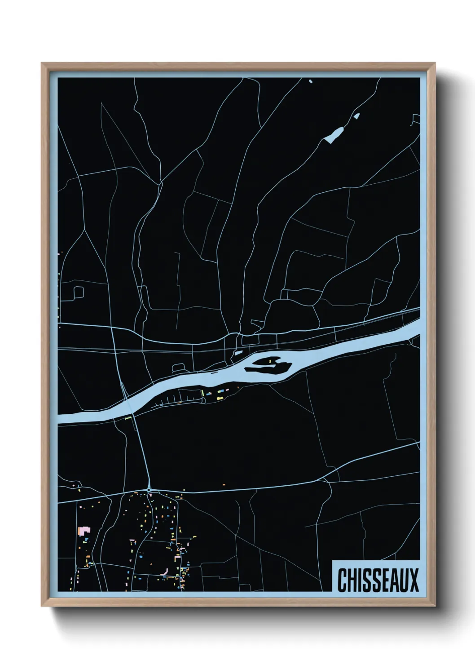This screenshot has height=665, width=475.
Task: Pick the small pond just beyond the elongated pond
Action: [x=357, y=116]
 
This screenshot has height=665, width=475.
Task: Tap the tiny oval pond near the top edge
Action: [x=310, y=81]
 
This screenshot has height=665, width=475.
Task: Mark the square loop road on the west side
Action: [x=77, y=293]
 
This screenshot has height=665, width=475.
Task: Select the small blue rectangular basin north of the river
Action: [x=237, y=353]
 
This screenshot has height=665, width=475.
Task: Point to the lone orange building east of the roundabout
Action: [x=224, y=485]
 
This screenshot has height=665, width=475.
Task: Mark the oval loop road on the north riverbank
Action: [x=179, y=368]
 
